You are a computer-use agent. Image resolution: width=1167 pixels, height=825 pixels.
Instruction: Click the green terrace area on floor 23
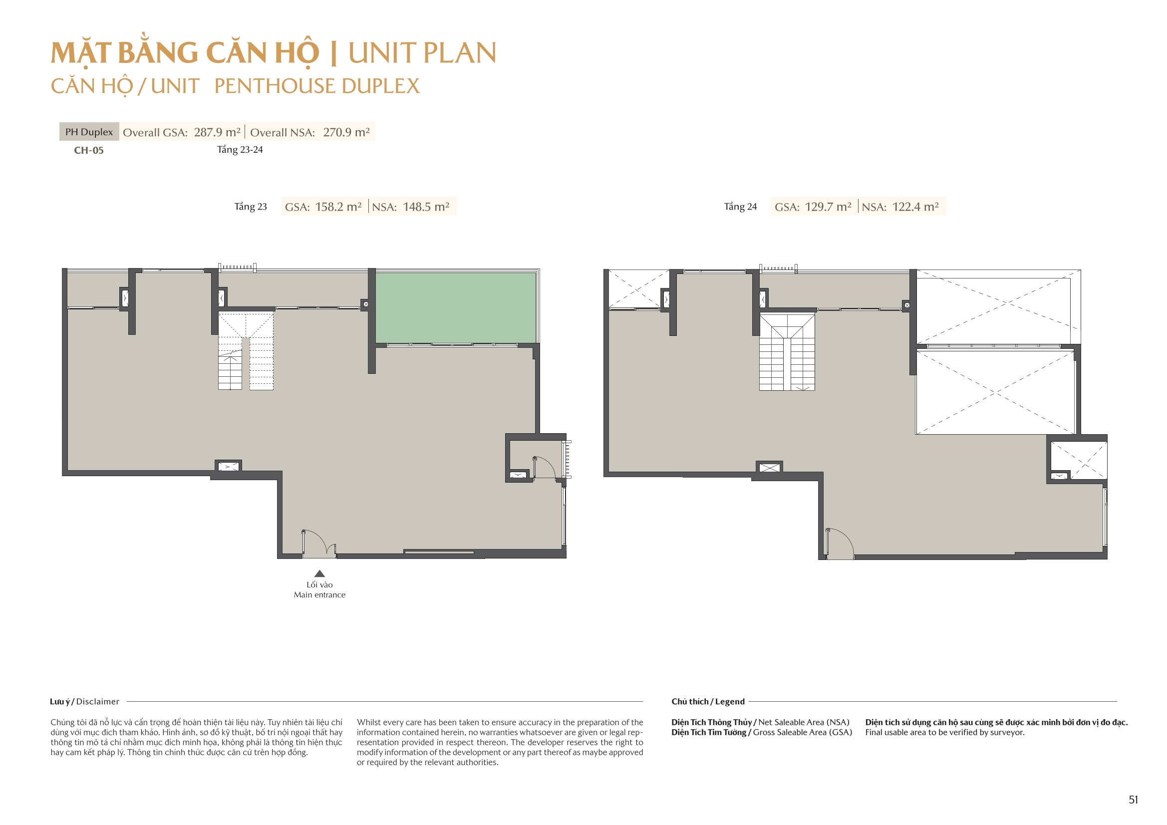[455, 308]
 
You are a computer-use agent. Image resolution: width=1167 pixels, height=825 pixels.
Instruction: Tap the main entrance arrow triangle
[319, 573]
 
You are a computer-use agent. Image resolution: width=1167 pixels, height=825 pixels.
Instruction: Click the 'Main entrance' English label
[319, 595]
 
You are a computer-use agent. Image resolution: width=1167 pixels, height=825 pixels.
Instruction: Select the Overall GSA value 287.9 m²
[217, 132]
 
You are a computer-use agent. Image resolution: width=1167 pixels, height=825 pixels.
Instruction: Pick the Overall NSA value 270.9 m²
[346, 132]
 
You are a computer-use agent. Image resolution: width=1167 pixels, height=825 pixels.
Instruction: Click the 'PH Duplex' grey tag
[89, 132]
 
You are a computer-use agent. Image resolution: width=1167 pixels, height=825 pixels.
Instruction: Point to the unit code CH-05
[89, 150]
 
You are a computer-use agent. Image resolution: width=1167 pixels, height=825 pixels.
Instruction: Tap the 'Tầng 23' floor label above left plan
[251, 207]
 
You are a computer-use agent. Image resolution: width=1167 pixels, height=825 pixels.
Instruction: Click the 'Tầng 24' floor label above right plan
[740, 207]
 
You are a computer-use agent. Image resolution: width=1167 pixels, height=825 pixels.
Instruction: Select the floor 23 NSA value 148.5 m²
[426, 207]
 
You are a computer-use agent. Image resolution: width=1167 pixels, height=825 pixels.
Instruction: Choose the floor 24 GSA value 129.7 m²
[828, 207]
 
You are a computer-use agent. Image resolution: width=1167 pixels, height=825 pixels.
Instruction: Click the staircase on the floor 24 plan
[787, 352]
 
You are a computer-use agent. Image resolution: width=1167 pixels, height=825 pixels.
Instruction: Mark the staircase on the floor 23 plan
[246, 351]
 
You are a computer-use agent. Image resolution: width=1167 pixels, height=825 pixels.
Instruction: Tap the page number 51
[1134, 800]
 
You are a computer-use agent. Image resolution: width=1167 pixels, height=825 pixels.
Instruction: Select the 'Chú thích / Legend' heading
[707, 702]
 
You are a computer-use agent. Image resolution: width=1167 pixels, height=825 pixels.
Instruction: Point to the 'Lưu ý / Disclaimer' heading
[84, 702]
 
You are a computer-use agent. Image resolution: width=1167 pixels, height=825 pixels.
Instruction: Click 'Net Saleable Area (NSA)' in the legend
[804, 722]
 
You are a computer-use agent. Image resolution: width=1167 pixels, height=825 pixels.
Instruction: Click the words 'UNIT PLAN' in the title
[422, 53]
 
